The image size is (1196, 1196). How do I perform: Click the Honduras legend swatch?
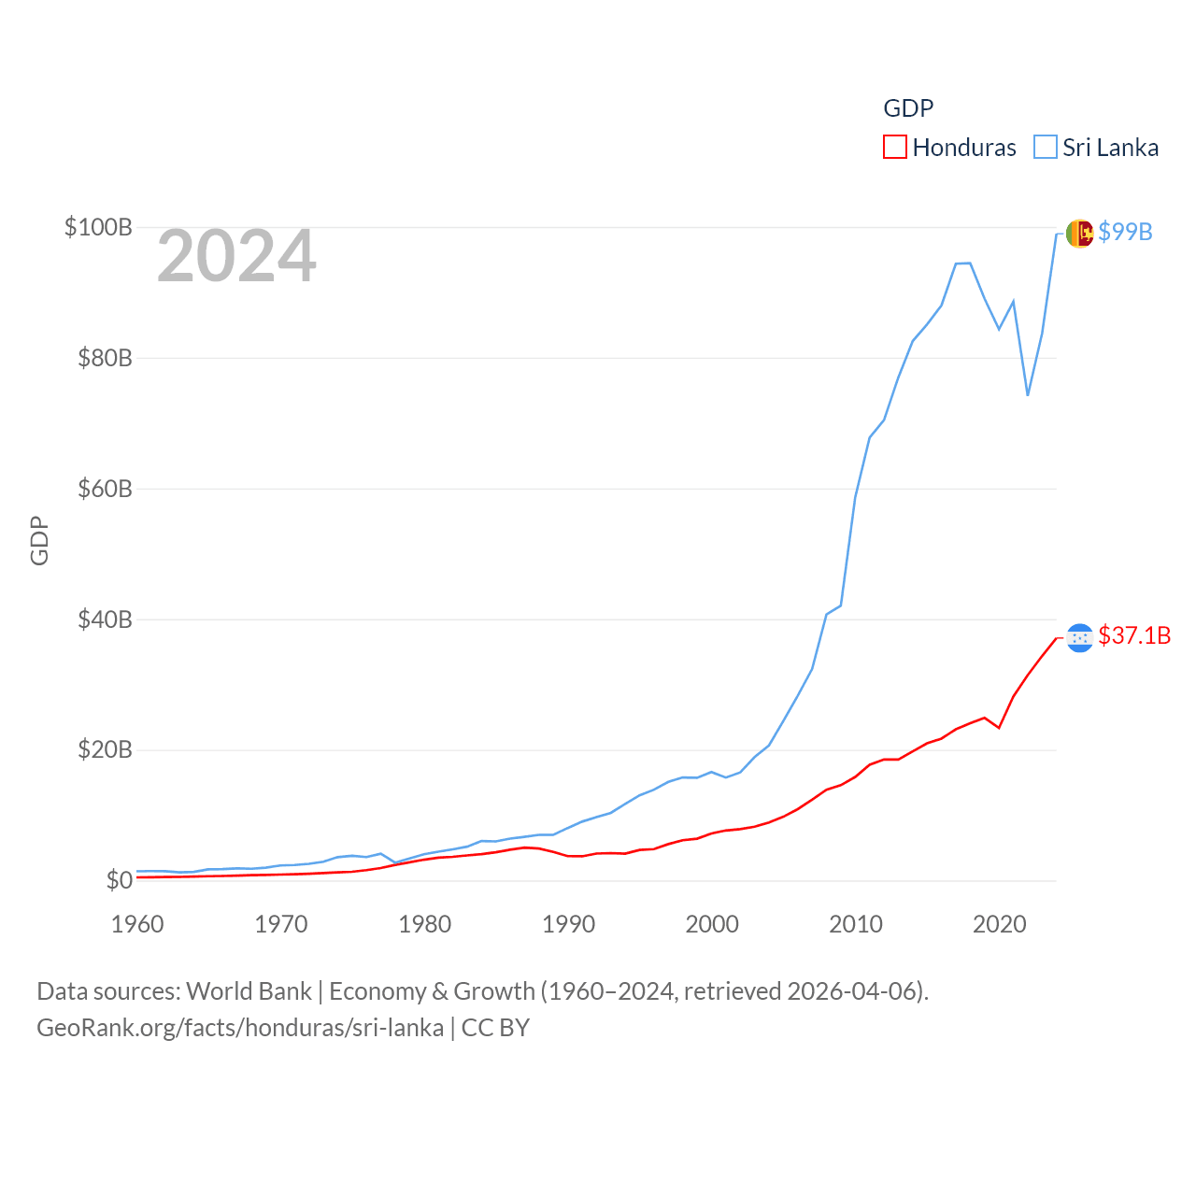tap(894, 148)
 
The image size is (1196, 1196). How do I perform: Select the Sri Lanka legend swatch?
tap(1045, 148)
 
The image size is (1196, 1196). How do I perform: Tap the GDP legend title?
tap(908, 108)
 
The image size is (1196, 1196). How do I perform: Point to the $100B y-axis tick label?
tap(98, 227)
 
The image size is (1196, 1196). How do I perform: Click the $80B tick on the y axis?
tap(105, 358)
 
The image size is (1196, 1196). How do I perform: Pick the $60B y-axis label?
tap(105, 489)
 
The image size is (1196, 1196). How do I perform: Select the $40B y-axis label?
tap(105, 619)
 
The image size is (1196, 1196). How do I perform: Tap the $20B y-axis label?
tap(105, 749)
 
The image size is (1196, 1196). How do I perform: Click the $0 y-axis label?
tap(119, 880)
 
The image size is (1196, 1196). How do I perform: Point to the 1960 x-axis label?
tap(137, 924)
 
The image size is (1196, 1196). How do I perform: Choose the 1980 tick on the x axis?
tap(424, 924)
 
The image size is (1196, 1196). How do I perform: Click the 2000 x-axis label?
tap(712, 924)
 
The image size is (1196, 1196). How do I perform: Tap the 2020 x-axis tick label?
tap(999, 924)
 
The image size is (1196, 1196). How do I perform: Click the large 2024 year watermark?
tap(236, 256)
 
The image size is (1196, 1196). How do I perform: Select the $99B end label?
tap(1125, 232)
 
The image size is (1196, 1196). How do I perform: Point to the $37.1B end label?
tap(1134, 635)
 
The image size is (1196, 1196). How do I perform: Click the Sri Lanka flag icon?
tap(1079, 233)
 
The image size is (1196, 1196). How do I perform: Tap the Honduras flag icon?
tap(1079, 637)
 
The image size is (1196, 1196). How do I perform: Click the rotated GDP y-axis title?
tap(39, 540)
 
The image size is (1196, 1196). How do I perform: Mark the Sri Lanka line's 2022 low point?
tap(1028, 395)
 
